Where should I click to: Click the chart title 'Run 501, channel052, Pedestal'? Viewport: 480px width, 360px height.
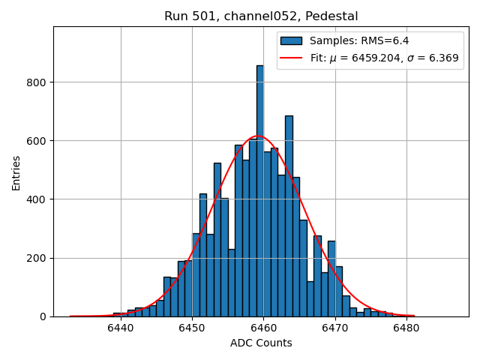(x=261, y=16)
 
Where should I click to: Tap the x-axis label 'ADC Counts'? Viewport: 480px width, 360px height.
(x=261, y=343)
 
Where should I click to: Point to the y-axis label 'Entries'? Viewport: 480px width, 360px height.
(x=16, y=172)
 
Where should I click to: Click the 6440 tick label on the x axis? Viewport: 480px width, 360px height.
(x=121, y=328)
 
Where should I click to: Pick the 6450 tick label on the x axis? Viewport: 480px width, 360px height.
(x=192, y=328)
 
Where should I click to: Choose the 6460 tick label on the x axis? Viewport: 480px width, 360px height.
(x=263, y=328)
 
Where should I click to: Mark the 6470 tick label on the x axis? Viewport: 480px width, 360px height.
(x=334, y=328)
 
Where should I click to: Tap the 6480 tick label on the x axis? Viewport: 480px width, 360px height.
(x=406, y=328)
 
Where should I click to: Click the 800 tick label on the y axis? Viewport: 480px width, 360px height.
(x=38, y=82)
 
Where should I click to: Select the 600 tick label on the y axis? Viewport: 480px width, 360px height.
(x=38, y=141)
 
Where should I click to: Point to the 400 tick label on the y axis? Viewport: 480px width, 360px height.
(x=38, y=199)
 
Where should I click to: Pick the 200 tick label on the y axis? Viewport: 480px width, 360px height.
(x=38, y=258)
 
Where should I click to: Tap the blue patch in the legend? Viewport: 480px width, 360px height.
(x=292, y=41)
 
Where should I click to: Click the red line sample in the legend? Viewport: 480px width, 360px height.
(x=292, y=58)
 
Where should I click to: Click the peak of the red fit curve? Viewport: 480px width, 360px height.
(x=258, y=136)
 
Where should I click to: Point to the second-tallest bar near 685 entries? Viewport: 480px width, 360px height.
(x=289, y=217)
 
